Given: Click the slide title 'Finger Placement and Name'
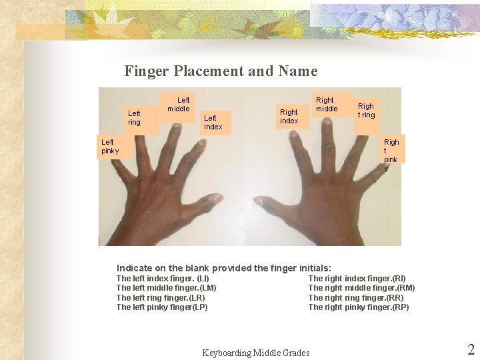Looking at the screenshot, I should tap(221, 71).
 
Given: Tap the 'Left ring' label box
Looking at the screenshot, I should tap(135, 118).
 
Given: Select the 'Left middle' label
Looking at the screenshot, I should tap(179, 105).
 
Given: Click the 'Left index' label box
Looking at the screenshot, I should tap(213, 123).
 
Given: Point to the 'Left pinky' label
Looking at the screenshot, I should tap(109, 147).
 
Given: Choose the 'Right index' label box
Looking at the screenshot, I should tap(289, 117).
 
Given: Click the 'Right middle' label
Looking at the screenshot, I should tap(327, 105).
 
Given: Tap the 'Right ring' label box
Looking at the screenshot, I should tap(366, 111).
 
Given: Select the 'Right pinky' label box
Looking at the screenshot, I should tap(391, 154).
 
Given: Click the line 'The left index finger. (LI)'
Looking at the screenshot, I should tap(163, 279).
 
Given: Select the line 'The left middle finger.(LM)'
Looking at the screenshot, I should tap(166, 288).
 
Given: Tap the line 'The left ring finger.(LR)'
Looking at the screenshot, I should tap(161, 298).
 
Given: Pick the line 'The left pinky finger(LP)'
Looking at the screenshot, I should tap(162, 307).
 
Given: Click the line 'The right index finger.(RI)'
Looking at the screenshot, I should tap(357, 279).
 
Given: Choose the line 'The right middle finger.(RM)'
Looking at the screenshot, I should tap(361, 288).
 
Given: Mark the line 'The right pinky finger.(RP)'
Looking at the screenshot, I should tap(359, 307).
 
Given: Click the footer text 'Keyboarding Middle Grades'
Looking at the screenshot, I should tap(256, 353).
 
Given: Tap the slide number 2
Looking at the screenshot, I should tap(471, 349).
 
